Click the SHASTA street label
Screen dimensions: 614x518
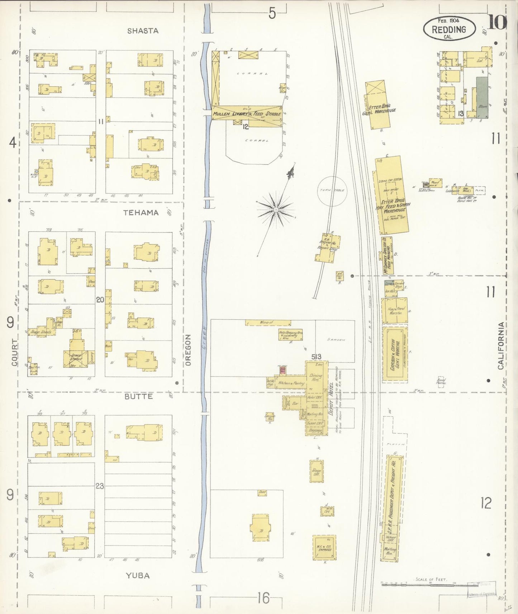coord(143,31)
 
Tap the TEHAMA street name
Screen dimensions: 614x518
coord(141,213)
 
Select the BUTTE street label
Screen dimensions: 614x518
coord(139,397)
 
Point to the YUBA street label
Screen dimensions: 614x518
coord(138,576)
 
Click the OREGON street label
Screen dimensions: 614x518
coord(189,350)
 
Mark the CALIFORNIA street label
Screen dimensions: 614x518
coord(501,346)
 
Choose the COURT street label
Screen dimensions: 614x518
coord(14,352)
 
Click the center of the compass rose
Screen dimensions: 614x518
coord(276,209)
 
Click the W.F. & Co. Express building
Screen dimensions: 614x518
coord(324,547)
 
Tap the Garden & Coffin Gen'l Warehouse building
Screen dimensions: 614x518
coord(395,354)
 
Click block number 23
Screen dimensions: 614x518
coord(100,486)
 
